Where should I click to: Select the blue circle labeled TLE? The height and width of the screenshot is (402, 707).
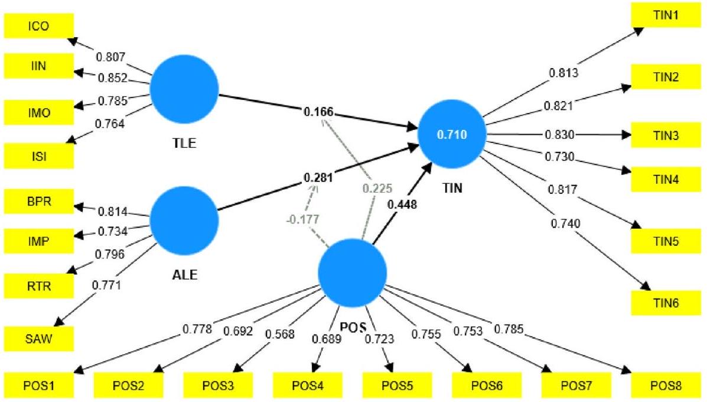click(184, 88)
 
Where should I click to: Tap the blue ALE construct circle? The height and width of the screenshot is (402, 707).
click(184, 220)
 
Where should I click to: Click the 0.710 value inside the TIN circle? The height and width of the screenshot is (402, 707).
click(451, 135)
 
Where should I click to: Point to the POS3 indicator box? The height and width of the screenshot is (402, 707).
click(217, 386)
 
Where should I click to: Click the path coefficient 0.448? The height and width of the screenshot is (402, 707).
click(403, 205)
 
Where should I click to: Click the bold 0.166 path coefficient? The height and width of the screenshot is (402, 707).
click(320, 112)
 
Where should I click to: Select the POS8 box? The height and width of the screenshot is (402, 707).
click(666, 386)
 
